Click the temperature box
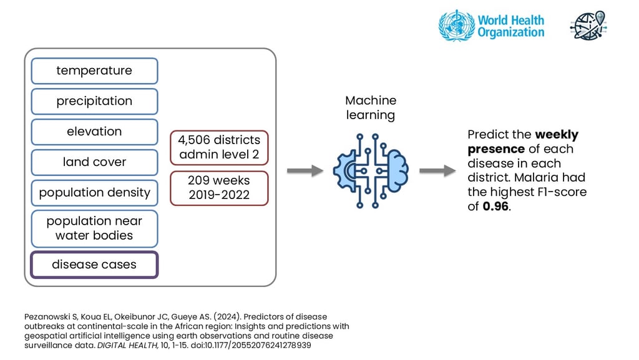94,71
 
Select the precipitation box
94,101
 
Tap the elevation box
94,132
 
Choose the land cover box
94,162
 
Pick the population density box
94,193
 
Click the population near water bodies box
94,228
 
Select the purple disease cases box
94,265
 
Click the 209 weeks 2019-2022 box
219,187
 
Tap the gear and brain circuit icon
371,167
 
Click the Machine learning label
371,108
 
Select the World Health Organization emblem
456,26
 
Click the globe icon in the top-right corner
588,25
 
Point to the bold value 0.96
496,207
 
